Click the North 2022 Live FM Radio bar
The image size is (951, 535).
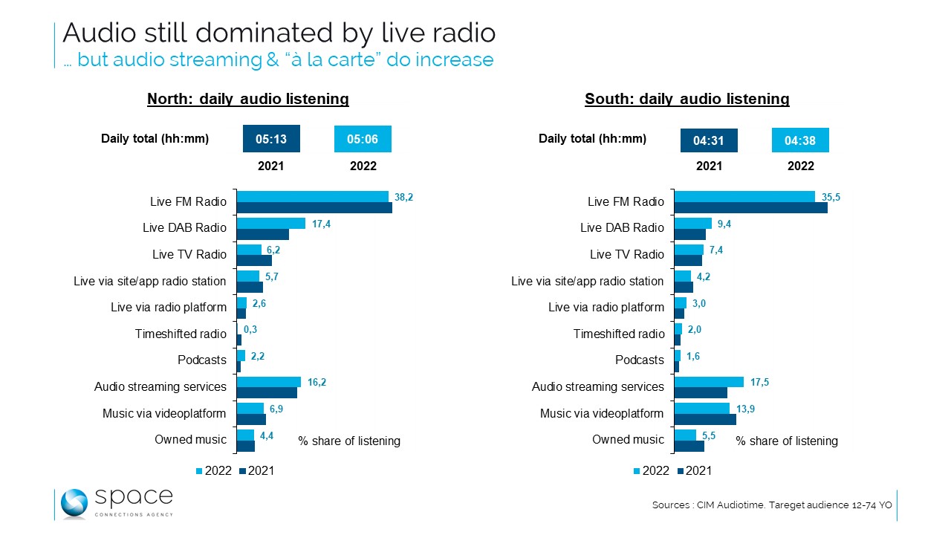(312, 196)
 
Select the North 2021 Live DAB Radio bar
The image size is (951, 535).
(262, 234)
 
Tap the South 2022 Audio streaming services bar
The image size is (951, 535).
(708, 382)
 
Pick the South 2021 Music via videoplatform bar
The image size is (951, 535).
(704, 419)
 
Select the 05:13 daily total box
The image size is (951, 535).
(270, 139)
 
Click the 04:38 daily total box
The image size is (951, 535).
(800, 140)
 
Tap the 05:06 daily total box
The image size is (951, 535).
(363, 139)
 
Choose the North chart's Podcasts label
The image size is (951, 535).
(201, 360)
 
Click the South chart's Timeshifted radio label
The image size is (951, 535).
(619, 334)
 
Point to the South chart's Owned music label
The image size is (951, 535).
(628, 440)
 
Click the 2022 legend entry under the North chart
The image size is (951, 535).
(213, 470)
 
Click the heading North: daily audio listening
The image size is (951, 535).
(248, 99)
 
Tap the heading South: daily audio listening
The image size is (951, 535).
(687, 99)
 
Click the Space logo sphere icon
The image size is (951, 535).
(74, 503)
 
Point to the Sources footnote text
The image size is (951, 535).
(772, 505)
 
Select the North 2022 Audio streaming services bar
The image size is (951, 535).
(268, 382)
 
